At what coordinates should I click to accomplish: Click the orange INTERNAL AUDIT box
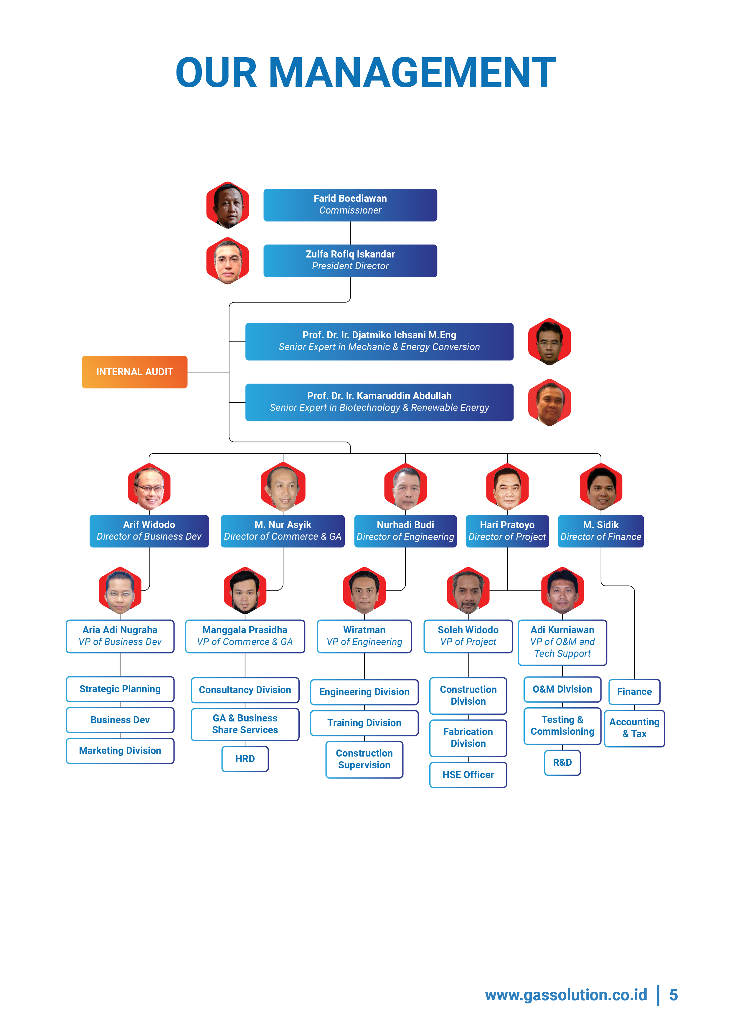pos(134,372)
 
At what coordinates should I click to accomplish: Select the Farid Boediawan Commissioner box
pos(350,205)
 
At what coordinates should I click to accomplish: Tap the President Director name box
pos(350,260)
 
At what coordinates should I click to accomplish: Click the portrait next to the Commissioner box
pos(228,205)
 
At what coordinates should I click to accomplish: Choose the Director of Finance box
pos(600,531)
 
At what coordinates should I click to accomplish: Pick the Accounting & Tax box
pos(634,728)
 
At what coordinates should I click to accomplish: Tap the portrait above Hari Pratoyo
pos(507,487)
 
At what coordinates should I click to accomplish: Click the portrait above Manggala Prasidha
pos(245,591)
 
